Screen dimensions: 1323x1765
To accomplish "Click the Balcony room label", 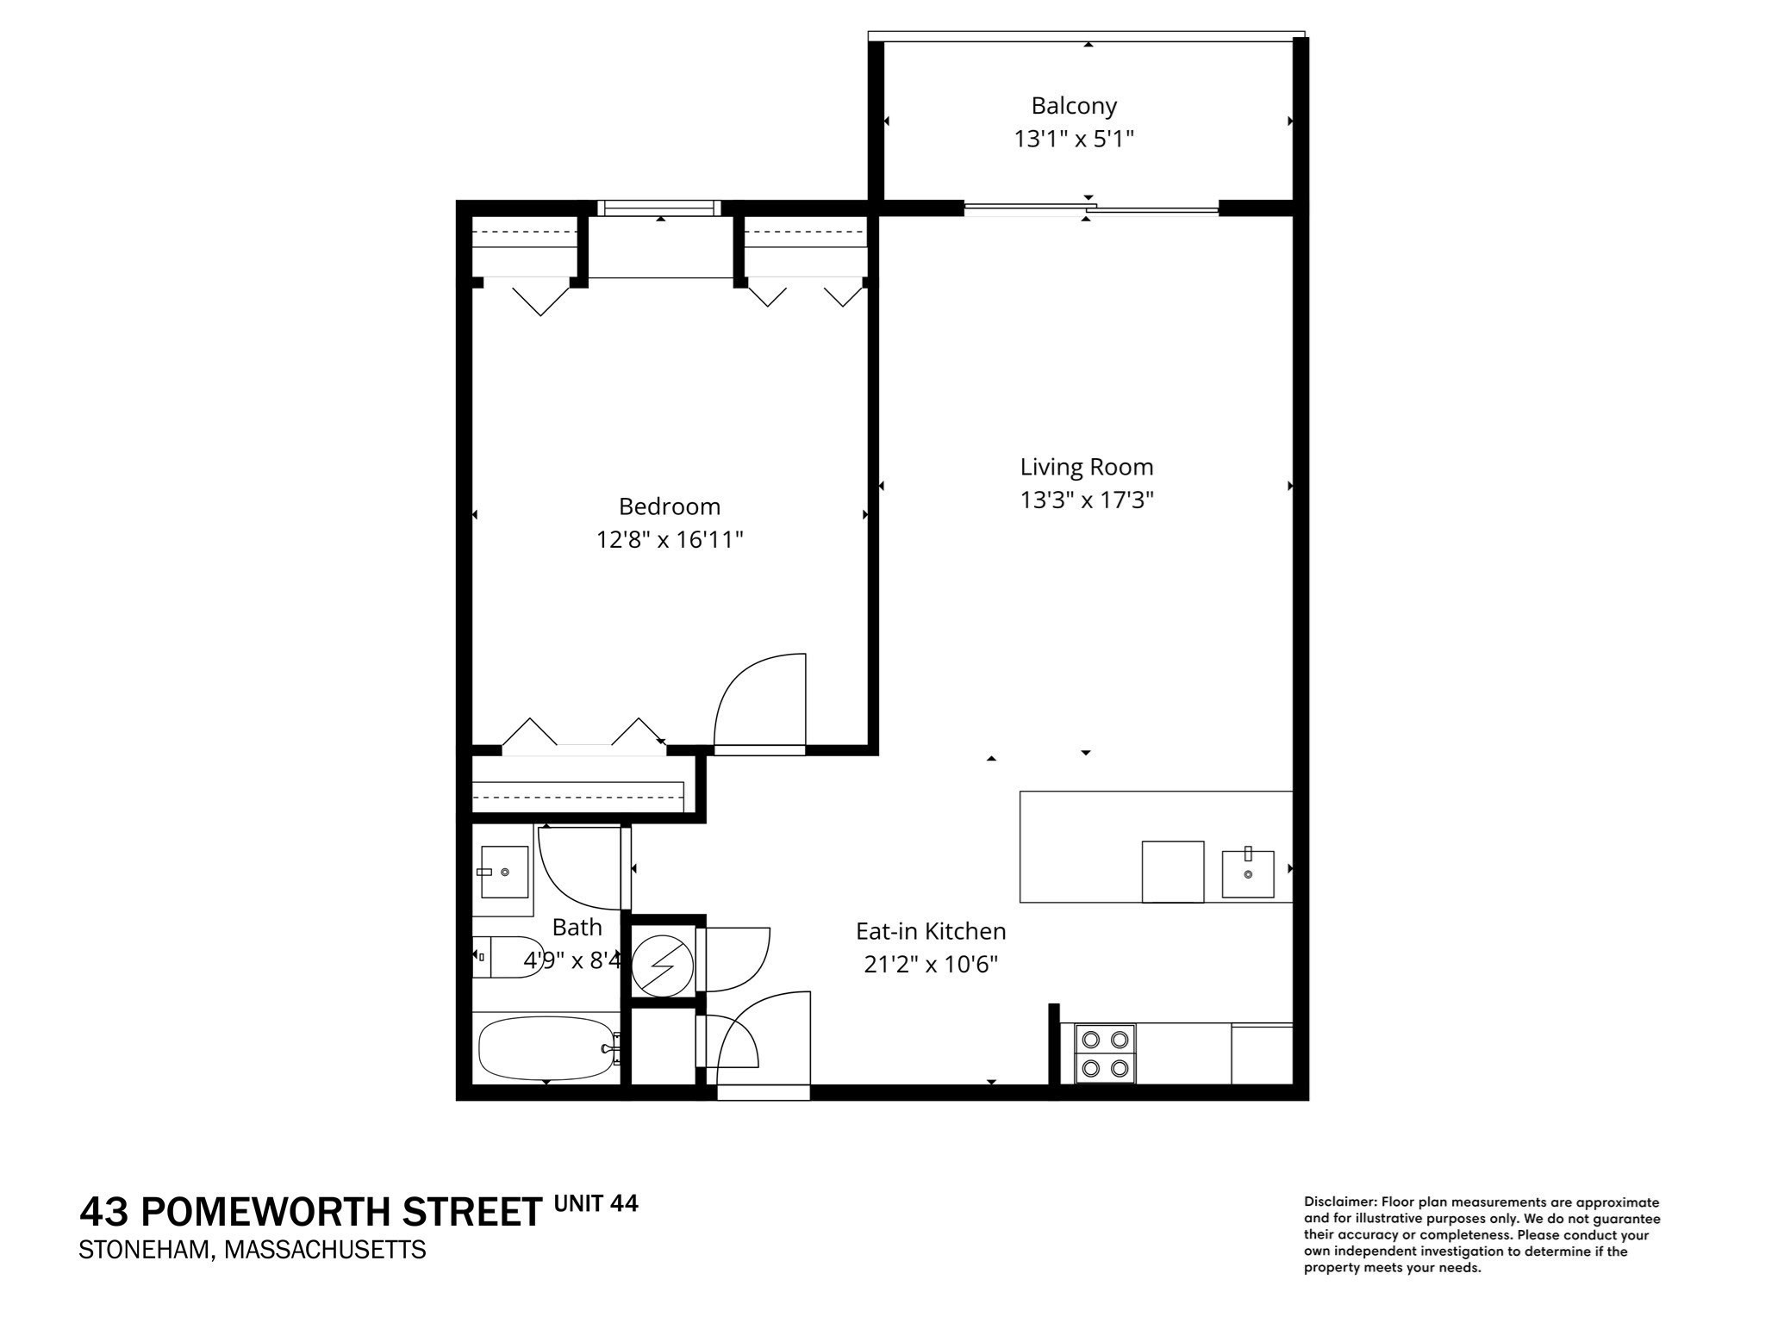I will tap(1074, 106).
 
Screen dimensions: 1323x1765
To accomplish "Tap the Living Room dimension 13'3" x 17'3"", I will tap(1087, 500).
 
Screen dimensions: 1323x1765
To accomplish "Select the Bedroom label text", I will tap(670, 506).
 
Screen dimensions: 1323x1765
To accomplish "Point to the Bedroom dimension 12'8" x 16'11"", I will tap(670, 540).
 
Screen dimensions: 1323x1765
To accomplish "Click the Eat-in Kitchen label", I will tap(931, 931).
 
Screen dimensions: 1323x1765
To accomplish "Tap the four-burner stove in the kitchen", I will tap(1106, 1053).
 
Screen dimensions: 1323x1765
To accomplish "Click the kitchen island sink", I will tap(1248, 873).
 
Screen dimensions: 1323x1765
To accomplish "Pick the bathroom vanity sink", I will tap(504, 872).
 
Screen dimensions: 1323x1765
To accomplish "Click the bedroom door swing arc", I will tap(758, 702).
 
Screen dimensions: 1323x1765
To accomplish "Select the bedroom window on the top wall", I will tap(660, 208).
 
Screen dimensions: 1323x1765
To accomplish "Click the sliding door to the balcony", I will tap(1090, 208).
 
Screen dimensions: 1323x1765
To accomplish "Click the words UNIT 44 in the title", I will tap(596, 1203).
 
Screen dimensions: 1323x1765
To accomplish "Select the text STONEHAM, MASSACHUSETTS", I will tap(253, 1250).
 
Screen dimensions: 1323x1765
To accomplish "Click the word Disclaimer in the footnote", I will tap(1340, 1202).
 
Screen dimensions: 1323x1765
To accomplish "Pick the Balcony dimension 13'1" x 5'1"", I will tap(1074, 139).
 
